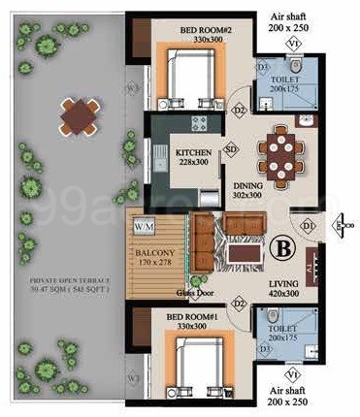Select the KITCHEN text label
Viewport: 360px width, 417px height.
click(x=193, y=152)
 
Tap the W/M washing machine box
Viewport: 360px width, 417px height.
click(x=145, y=226)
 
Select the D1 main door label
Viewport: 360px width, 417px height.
click(x=310, y=227)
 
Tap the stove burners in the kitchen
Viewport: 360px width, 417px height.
click(x=200, y=123)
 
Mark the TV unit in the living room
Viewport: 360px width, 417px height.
click(x=311, y=263)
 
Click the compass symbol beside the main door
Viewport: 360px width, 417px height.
click(x=342, y=226)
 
